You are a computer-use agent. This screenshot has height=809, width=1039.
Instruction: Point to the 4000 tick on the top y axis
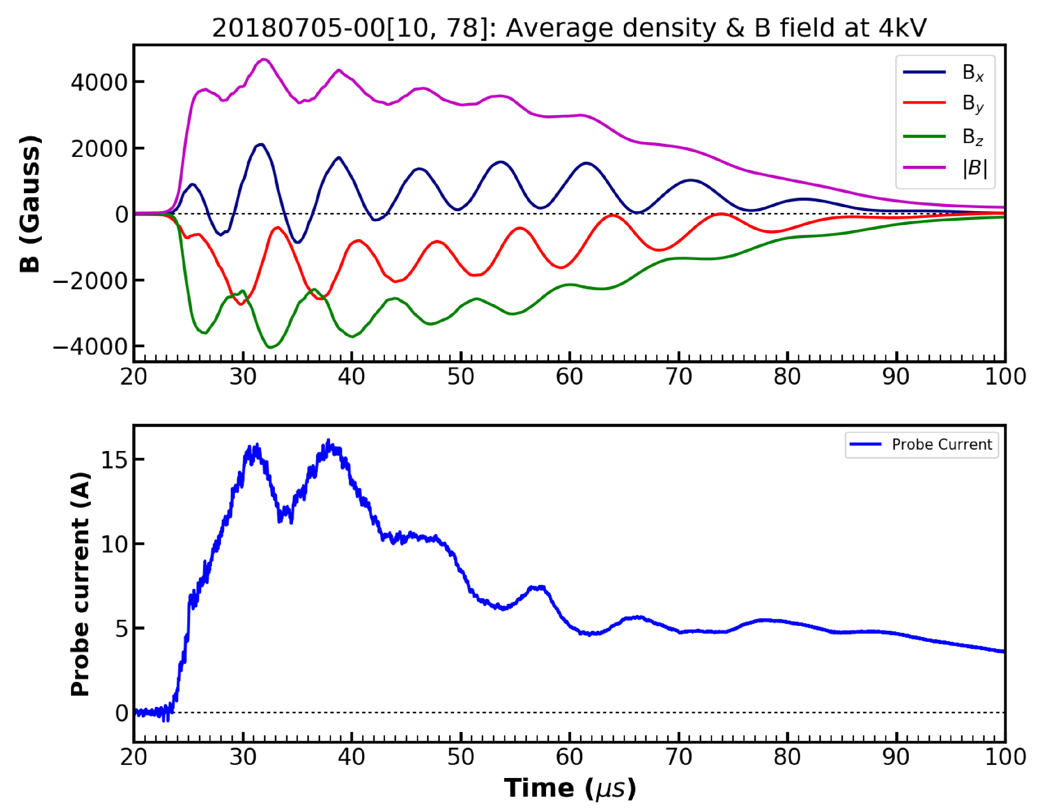click(x=99, y=82)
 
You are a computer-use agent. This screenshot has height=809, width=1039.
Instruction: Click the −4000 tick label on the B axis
click(x=91, y=346)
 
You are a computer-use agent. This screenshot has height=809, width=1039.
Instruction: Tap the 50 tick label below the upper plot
click(x=460, y=377)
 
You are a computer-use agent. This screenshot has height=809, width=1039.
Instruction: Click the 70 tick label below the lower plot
click(x=678, y=757)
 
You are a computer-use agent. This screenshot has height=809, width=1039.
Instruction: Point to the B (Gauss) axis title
click(x=30, y=204)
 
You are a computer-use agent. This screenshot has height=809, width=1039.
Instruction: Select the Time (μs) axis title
click(x=570, y=788)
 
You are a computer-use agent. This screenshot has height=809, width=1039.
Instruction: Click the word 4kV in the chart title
click(x=902, y=28)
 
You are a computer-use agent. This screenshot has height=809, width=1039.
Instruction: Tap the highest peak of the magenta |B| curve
click(x=265, y=59)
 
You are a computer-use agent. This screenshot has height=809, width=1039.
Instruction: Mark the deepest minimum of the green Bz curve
click(x=270, y=347)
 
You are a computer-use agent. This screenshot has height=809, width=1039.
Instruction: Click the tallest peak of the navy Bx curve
click(x=261, y=144)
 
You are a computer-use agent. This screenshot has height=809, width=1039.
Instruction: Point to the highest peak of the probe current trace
click(x=328, y=441)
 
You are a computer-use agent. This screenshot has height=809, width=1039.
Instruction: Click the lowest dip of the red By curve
click(x=241, y=304)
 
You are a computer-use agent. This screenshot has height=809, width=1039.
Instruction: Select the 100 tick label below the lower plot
click(x=1005, y=757)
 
